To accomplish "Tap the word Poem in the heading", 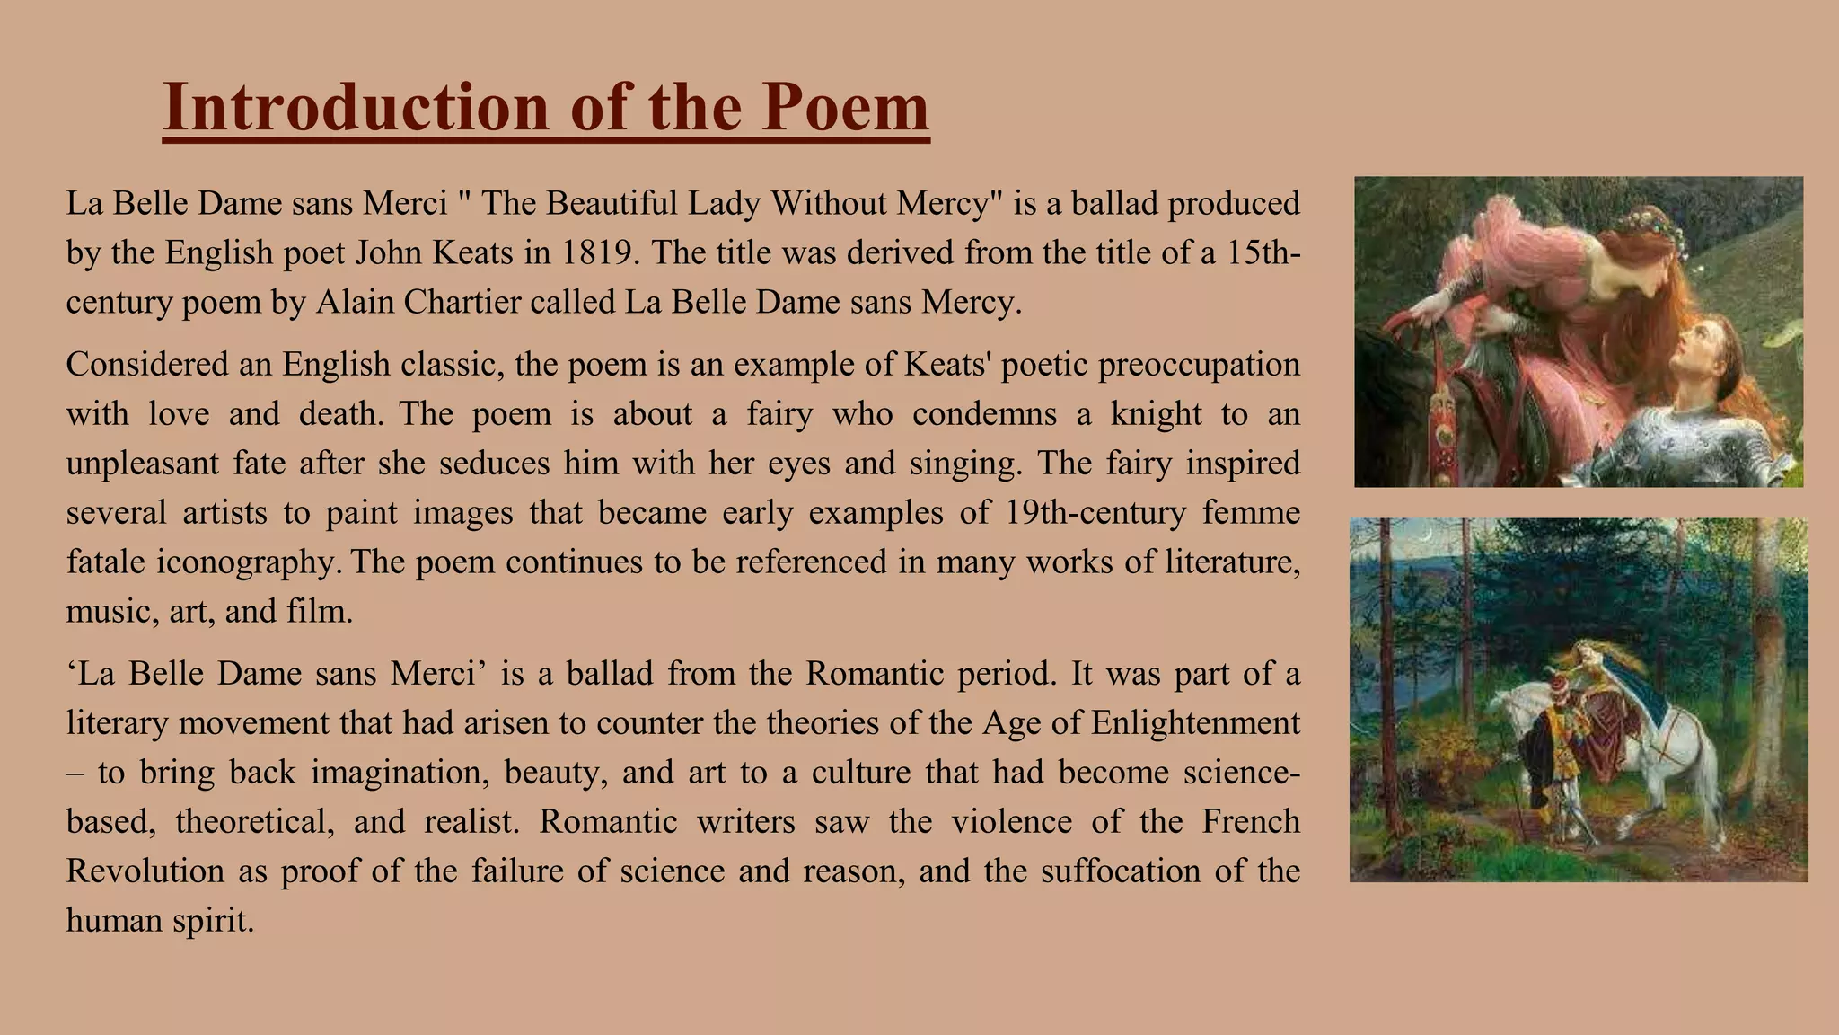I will click(840, 108).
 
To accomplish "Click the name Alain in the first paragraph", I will click(355, 303).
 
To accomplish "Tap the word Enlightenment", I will click(1195, 723).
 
